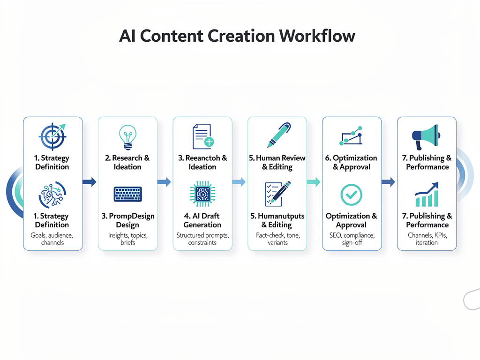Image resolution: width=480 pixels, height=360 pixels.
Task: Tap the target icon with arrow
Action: (52, 136)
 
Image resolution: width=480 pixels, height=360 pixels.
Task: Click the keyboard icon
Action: (127, 194)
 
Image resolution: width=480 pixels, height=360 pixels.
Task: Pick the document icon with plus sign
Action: (202, 136)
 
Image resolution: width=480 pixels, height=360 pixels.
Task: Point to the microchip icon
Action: (202, 194)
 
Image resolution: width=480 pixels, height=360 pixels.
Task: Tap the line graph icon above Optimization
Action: (352, 136)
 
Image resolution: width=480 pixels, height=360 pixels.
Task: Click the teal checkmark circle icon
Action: (352, 194)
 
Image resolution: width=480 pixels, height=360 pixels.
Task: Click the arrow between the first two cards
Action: (89, 182)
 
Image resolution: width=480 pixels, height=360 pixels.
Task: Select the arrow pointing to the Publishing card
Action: (388, 182)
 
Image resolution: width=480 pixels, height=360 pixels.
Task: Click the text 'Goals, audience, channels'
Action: (52, 239)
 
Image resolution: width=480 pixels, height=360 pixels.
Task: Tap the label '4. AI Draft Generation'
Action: (202, 220)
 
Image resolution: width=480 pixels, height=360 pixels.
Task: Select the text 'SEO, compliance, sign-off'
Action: (352, 239)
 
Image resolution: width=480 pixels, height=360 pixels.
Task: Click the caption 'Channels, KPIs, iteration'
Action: (427, 239)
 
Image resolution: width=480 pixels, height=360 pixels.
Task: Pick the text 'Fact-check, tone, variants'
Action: (277, 239)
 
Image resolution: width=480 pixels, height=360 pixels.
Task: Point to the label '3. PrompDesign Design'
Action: (127, 220)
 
